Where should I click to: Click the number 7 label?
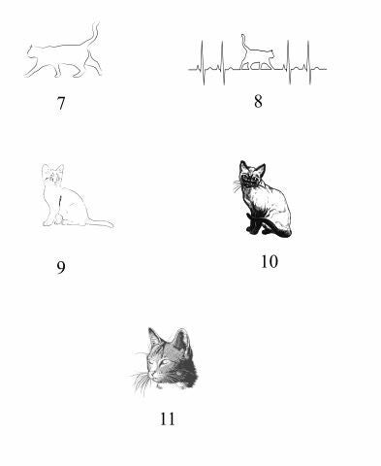(x=61, y=103)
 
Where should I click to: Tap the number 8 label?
(x=258, y=101)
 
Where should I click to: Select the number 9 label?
(x=61, y=267)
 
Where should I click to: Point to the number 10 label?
(x=270, y=261)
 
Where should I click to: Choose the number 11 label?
(x=168, y=419)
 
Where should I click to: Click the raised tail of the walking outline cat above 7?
(x=93, y=37)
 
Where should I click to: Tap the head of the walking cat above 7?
(x=31, y=52)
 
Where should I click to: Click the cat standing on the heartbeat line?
(x=257, y=55)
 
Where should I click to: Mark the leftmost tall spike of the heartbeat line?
(x=203, y=62)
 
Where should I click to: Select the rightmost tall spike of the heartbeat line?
(x=309, y=62)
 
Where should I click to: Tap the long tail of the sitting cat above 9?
(x=99, y=222)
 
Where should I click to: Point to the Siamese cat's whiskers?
(x=238, y=186)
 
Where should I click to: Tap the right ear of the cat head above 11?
(x=181, y=339)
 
